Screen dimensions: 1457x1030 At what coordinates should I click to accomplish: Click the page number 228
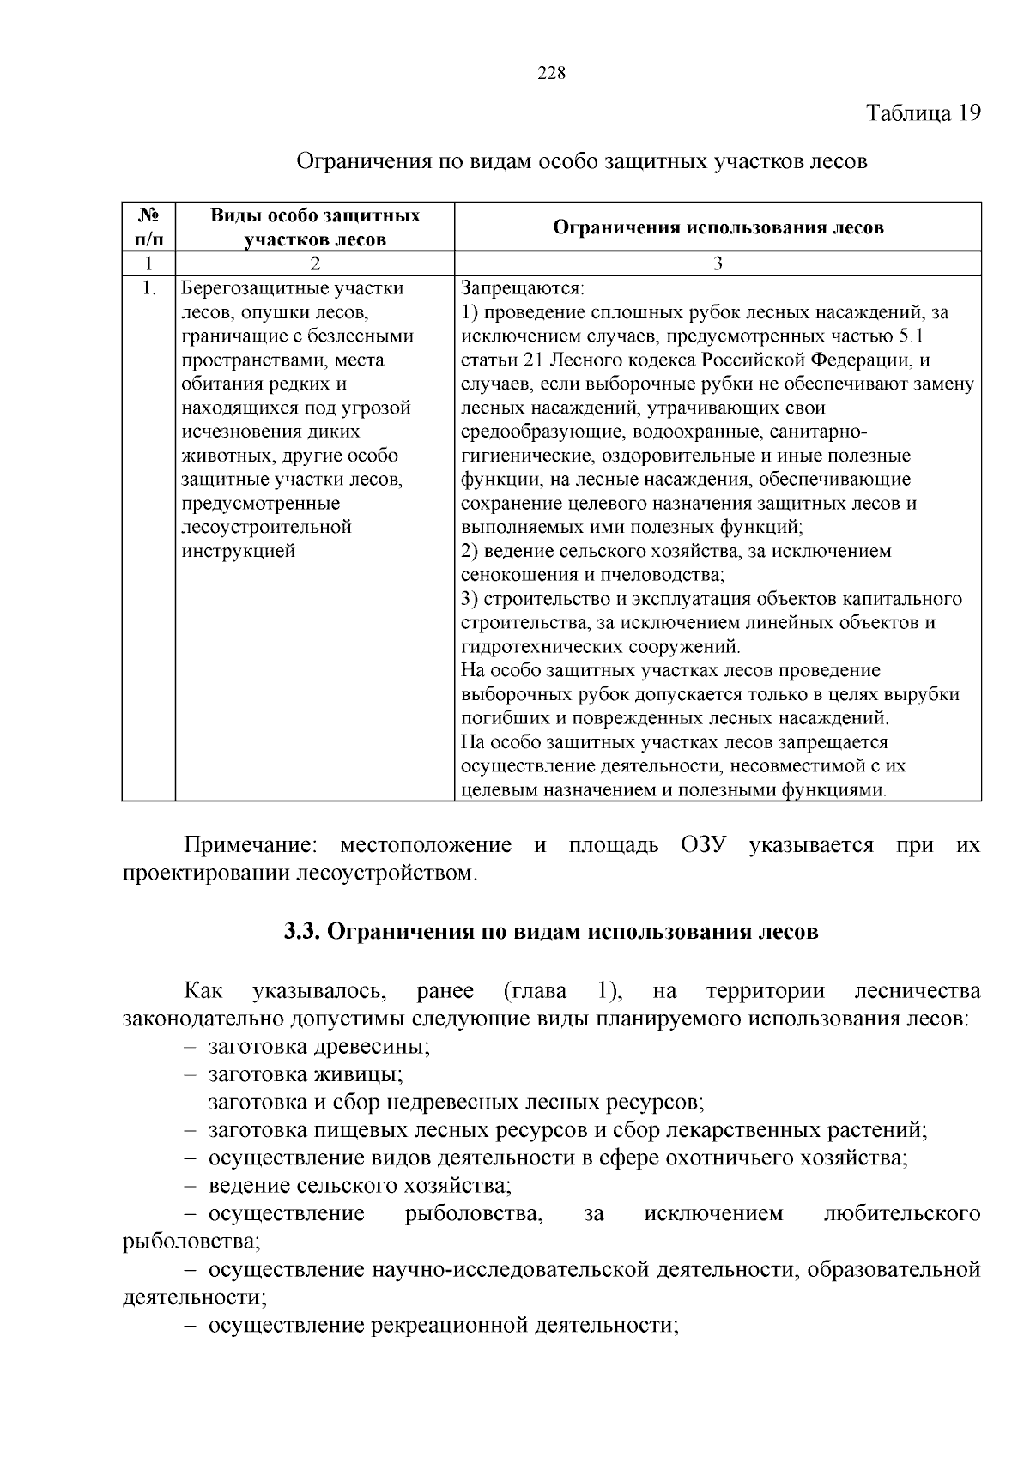pyautogui.click(x=552, y=73)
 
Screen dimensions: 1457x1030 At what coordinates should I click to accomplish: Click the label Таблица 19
pyautogui.click(x=923, y=113)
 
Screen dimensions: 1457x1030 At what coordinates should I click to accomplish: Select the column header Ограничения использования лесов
pyautogui.click(x=718, y=227)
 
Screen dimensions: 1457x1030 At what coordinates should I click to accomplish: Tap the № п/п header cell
pyautogui.click(x=149, y=227)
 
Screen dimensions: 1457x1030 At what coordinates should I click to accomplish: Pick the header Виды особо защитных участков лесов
pyautogui.click(x=315, y=227)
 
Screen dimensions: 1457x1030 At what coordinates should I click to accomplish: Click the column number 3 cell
pyautogui.click(x=718, y=263)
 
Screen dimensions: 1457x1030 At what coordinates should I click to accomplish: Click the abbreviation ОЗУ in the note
pyautogui.click(x=705, y=846)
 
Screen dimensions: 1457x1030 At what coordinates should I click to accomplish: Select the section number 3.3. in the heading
pyautogui.click(x=303, y=932)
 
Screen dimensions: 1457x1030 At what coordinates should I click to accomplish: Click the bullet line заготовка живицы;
pyautogui.click(x=306, y=1074)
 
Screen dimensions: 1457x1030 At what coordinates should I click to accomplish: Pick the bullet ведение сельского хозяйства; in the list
pyautogui.click(x=360, y=1186)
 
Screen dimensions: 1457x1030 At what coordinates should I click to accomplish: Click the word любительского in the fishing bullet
pyautogui.click(x=901, y=1213)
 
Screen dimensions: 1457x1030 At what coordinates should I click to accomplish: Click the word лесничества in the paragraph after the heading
pyautogui.click(x=918, y=991)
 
